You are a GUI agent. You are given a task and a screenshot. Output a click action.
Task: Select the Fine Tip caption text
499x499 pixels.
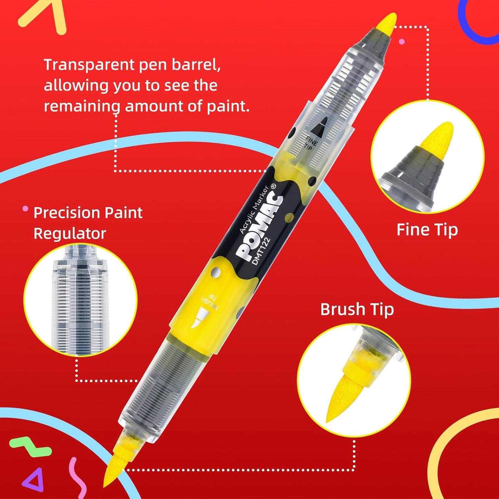click(427, 230)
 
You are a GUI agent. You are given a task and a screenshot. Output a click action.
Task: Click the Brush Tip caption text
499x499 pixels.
click(357, 309)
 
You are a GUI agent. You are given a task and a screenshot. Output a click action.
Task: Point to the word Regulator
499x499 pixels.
click(70, 233)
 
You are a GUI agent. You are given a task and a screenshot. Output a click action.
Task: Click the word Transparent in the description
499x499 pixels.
click(90, 65)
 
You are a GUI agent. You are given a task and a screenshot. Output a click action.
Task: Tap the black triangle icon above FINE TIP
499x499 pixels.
click(319, 125)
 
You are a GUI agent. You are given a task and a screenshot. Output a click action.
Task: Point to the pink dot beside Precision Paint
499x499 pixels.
click(25, 209)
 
